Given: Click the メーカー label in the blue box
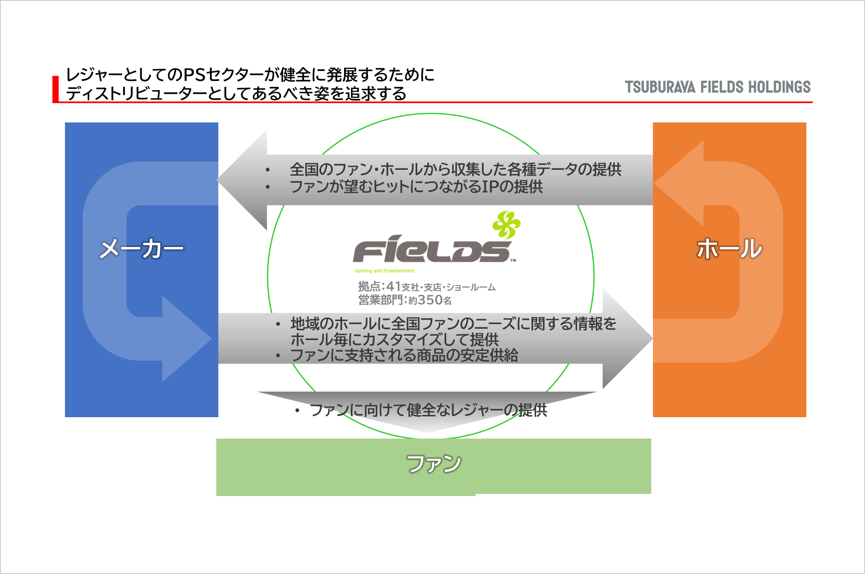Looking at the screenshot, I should pyautogui.click(x=141, y=249).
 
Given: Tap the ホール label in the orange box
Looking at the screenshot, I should pyautogui.click(x=729, y=249).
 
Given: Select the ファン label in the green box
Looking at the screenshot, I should pyautogui.click(x=434, y=464).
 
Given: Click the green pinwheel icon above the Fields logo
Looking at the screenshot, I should pyautogui.click(x=506, y=225).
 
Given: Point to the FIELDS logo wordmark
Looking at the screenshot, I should pyautogui.click(x=432, y=249).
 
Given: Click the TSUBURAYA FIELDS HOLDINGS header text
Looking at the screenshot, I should pyautogui.click(x=717, y=87).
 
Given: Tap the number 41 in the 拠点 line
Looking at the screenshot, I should pyautogui.click(x=394, y=286).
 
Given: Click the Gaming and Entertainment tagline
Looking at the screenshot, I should pyautogui.click(x=384, y=271).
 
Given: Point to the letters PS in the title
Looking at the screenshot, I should pyautogui.click(x=194, y=75).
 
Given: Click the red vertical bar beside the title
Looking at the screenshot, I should pyautogui.click(x=55, y=89).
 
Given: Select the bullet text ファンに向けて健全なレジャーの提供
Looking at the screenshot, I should pyautogui.click(x=428, y=410).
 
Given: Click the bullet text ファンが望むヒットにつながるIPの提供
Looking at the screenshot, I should pyautogui.click(x=416, y=187).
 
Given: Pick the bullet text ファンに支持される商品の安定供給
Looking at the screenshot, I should pyautogui.click(x=404, y=356).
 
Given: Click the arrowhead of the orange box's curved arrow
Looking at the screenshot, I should pyautogui.click(x=679, y=183).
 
